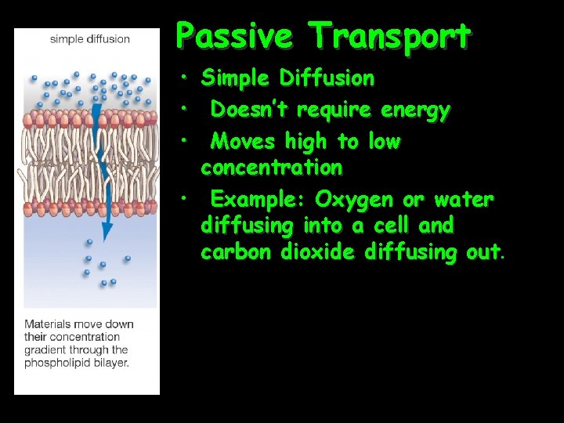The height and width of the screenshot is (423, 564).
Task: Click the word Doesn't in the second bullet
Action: coord(244,110)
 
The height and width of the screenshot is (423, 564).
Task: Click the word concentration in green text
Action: coord(271,168)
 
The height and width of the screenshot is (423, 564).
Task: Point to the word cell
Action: coord(392,226)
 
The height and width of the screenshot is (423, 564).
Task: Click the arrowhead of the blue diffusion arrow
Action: coord(107,233)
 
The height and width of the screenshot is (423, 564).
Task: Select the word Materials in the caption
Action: coord(49,324)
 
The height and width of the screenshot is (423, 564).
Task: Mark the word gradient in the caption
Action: coord(45,350)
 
